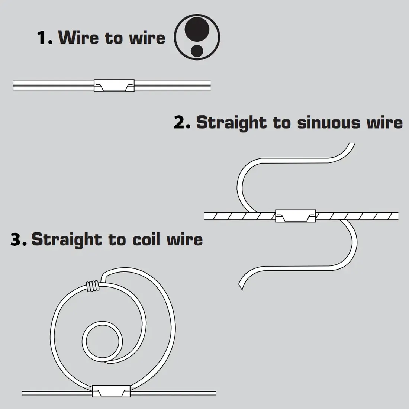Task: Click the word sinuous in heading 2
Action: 328,122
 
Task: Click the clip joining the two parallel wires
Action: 114,86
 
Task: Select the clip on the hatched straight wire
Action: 296,216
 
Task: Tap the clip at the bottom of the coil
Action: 111,392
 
